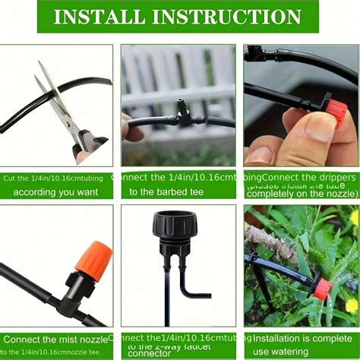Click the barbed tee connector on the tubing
click(x=182, y=116)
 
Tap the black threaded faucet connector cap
click(x=176, y=227)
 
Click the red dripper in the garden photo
click(x=323, y=288)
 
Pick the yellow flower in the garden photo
click(x=351, y=306)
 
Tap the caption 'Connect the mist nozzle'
click(x=56, y=339)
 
